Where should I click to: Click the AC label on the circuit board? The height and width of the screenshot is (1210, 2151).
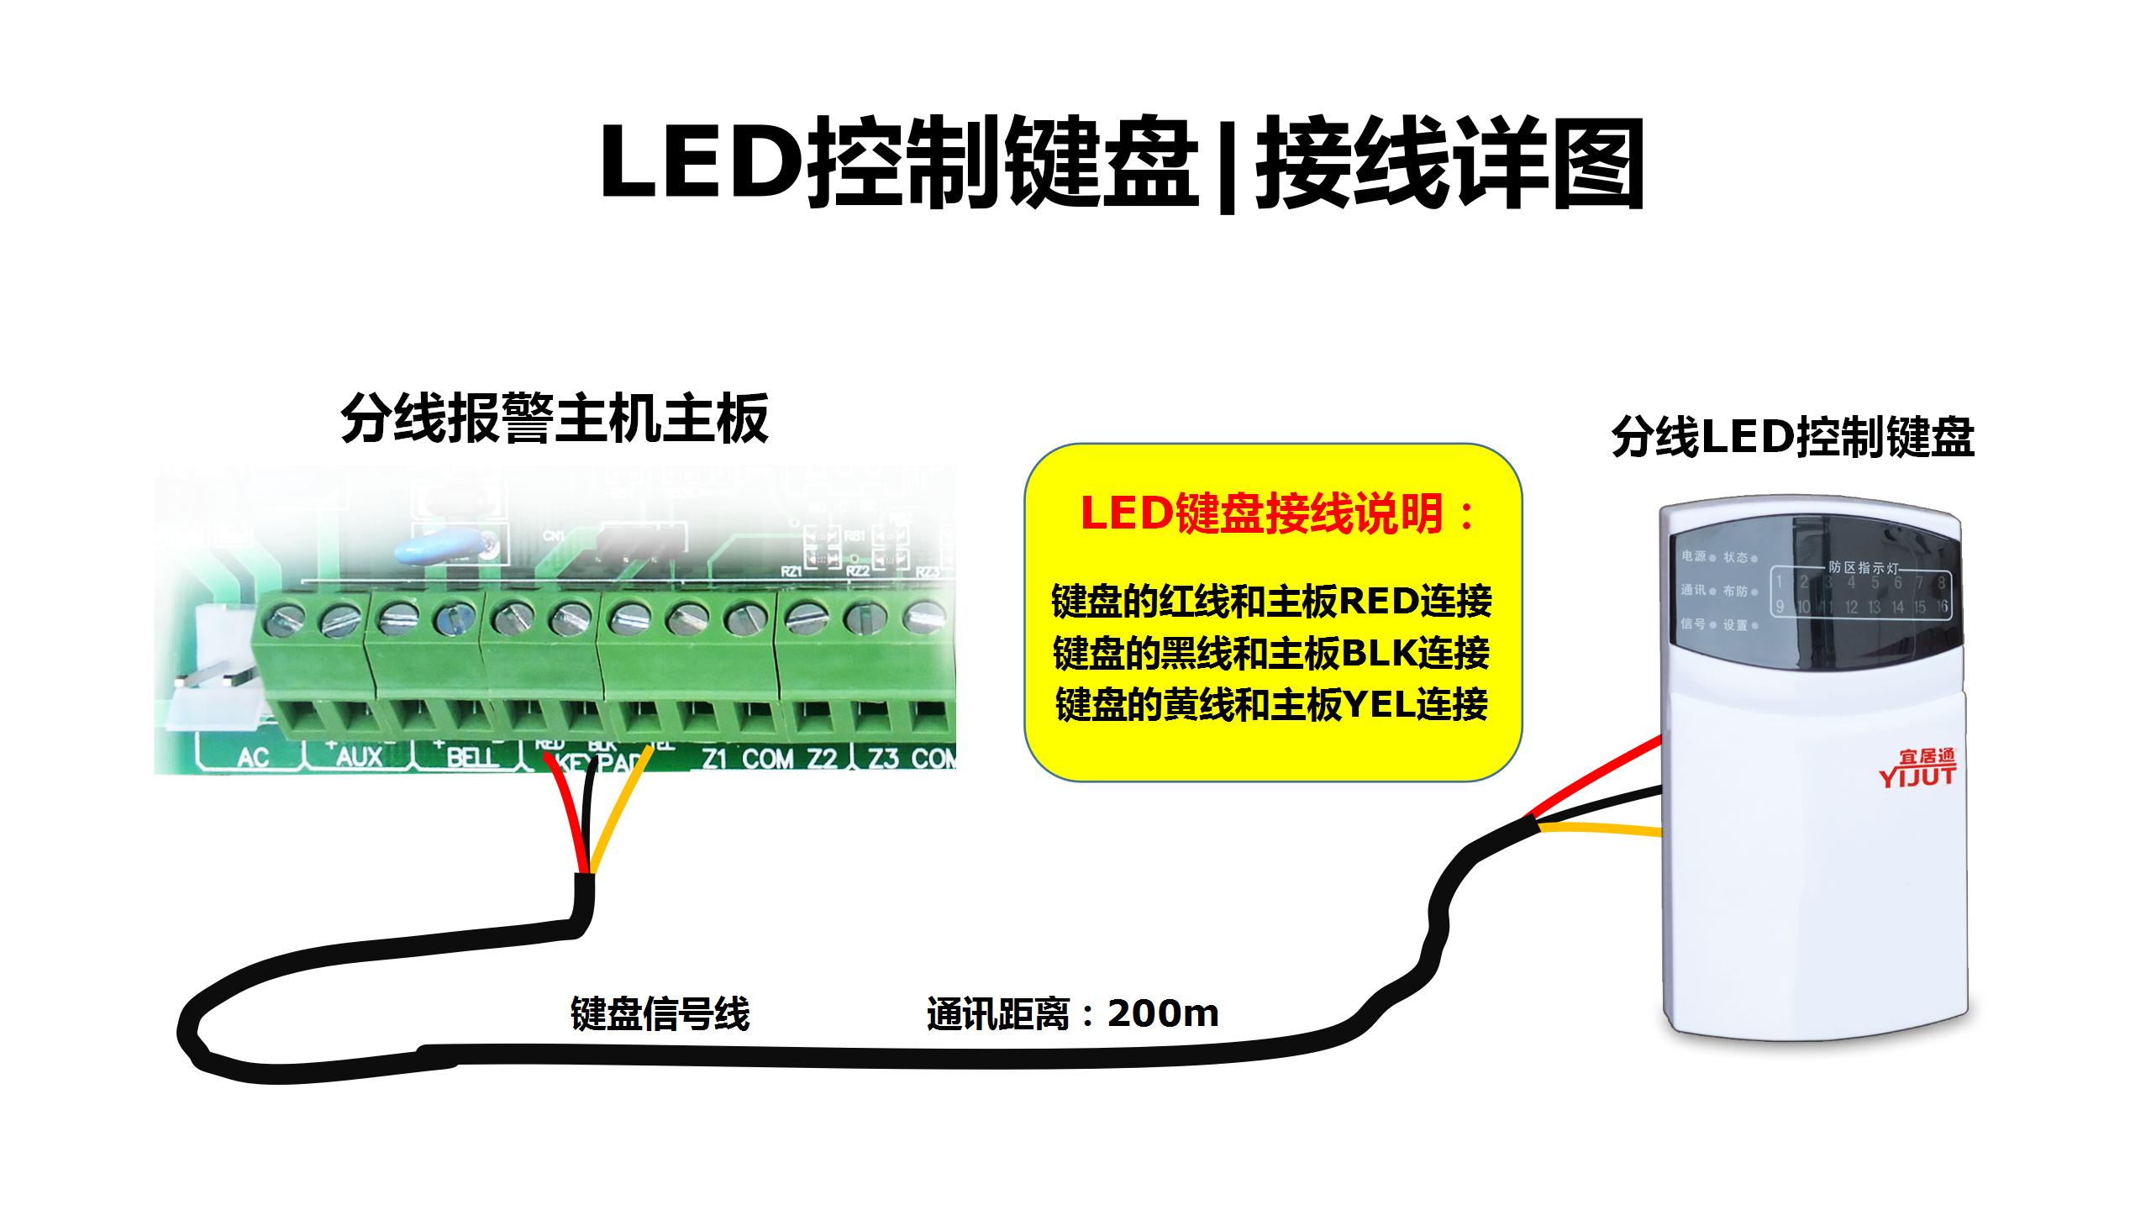click(253, 757)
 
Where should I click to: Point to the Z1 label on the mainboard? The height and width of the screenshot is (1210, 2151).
click(714, 759)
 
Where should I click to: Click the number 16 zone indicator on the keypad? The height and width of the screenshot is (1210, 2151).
click(1940, 607)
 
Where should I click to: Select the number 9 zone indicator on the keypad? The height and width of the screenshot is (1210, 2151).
click(1780, 607)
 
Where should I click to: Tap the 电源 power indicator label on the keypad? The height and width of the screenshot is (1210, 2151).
click(1694, 556)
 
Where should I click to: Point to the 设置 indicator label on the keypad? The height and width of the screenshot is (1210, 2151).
click(1735, 625)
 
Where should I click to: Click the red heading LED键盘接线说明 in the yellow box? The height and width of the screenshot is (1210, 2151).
click(1277, 514)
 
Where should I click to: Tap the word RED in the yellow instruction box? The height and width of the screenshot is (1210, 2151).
click(1378, 601)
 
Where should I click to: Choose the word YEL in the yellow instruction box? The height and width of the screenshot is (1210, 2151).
click(1378, 705)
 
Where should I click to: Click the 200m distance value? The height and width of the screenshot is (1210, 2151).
click(1163, 1014)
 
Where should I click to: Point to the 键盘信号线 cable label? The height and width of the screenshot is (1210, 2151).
click(660, 1014)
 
